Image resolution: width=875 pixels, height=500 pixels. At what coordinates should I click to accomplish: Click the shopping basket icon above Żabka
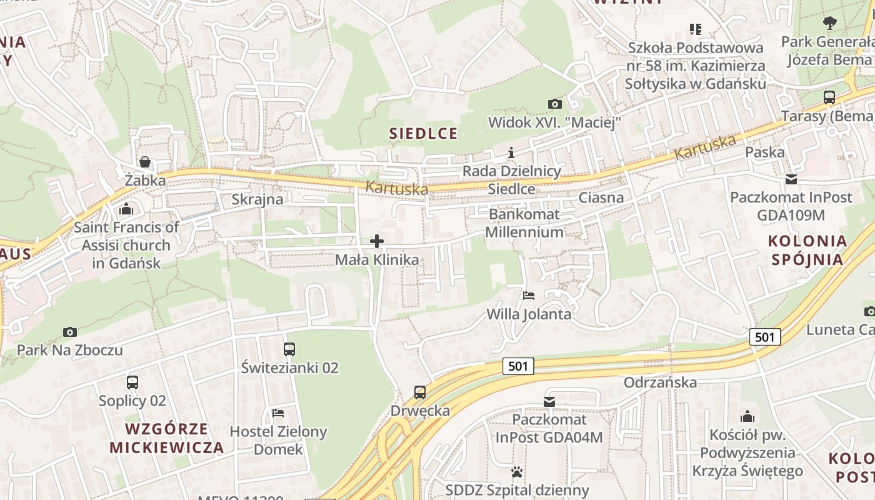point(145,162)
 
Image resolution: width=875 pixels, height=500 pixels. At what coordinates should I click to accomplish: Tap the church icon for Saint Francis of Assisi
point(126,209)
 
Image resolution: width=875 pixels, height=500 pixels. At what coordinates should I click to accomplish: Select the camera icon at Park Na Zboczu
point(70,332)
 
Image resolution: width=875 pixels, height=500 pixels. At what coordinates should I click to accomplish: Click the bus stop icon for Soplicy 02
point(132,382)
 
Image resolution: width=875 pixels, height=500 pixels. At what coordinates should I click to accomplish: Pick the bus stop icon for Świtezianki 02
point(289,349)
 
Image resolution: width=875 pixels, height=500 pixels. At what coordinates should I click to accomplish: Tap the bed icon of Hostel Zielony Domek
point(278,413)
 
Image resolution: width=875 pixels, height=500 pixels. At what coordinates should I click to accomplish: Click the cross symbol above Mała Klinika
point(377,241)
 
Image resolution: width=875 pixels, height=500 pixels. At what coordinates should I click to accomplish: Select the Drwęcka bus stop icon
point(420,392)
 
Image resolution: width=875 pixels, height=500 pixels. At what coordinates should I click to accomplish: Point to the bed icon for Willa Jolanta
point(529,296)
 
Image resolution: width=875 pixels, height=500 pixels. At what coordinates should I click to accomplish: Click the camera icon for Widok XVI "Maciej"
point(554,104)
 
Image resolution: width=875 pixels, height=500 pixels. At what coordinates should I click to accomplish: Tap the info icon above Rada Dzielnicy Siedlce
point(512,152)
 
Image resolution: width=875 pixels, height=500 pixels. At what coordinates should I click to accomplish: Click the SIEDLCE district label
point(423,133)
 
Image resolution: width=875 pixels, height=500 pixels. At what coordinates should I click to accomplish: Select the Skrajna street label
point(257,199)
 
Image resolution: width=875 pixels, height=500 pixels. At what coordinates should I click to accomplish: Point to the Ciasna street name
point(601,198)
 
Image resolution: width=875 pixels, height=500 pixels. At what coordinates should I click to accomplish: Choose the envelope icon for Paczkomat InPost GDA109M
point(791,179)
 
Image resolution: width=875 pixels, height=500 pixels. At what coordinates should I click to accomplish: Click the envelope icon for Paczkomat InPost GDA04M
point(549,401)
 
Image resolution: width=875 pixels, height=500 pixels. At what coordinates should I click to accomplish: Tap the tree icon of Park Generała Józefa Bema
point(829,24)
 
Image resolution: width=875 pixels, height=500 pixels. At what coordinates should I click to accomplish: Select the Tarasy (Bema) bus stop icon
point(829,97)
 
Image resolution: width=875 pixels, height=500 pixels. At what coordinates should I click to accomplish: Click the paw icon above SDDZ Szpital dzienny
point(517,471)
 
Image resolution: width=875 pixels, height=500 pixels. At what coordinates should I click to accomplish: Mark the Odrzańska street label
point(660,382)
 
